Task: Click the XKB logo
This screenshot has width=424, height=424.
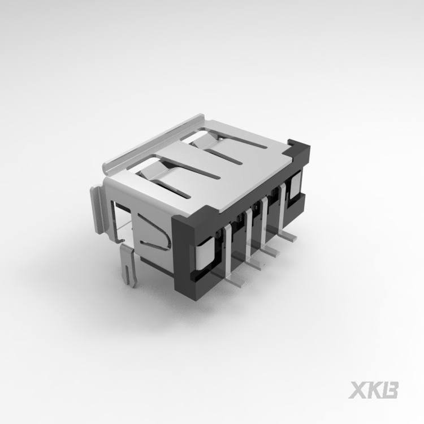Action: (x=374, y=390)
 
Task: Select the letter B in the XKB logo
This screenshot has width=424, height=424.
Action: (x=390, y=390)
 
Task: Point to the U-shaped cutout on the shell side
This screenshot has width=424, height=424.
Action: (x=155, y=233)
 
